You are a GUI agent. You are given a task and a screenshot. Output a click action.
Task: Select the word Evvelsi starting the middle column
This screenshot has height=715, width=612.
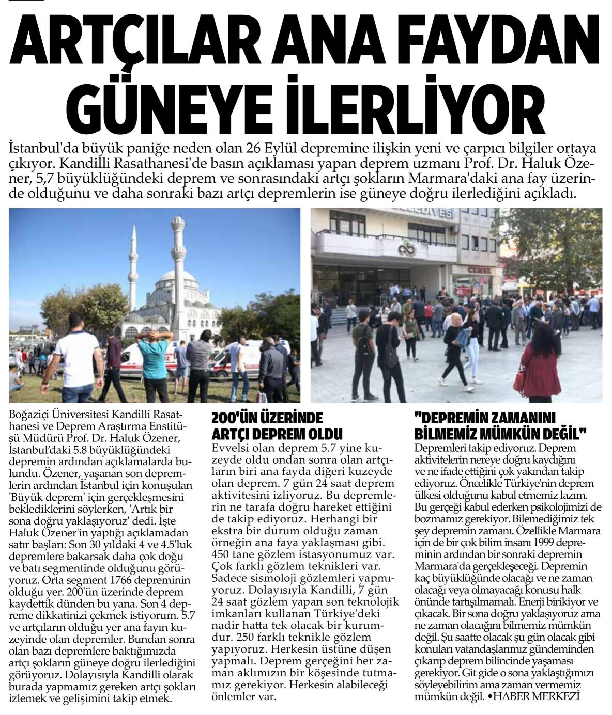tap(228, 447)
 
